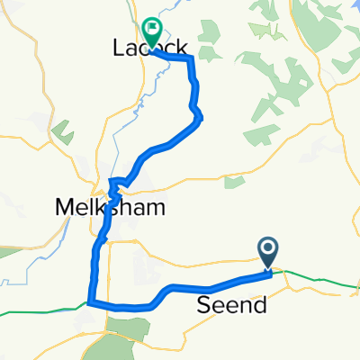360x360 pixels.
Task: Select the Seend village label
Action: [x=231, y=306]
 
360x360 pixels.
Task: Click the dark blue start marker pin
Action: [x=269, y=251]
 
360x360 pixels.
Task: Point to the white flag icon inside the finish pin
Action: [x=151, y=29]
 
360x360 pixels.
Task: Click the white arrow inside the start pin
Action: [x=269, y=247]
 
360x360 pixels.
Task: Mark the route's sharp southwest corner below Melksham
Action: [x=89, y=303]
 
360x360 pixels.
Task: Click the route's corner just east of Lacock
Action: [x=192, y=58]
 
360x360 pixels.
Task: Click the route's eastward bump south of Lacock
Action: [x=198, y=114]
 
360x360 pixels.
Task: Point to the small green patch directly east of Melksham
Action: [x=234, y=184]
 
